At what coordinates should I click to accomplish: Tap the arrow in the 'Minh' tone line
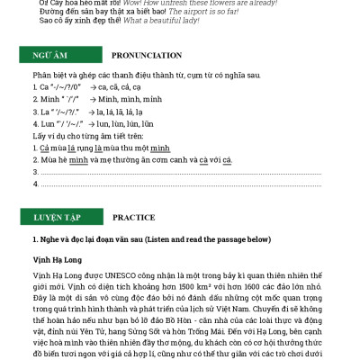tap(93, 98)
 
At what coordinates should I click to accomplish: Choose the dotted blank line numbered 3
tap(180, 172)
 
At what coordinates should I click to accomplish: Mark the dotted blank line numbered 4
tap(180, 184)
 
